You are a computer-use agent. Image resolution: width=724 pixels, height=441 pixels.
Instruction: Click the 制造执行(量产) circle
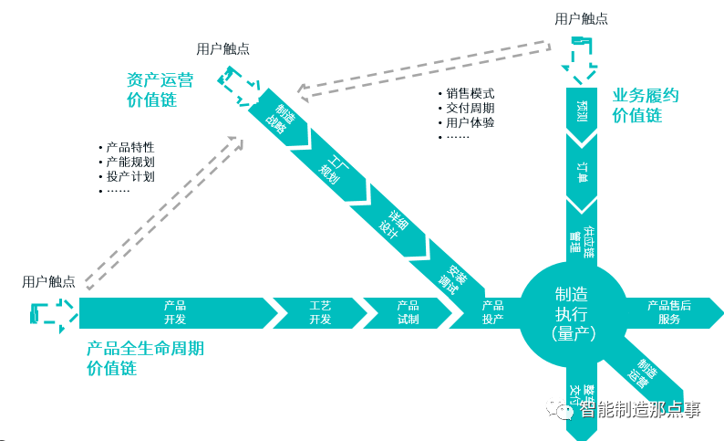tap(574, 313)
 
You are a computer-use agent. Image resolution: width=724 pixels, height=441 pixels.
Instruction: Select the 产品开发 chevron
tap(174, 312)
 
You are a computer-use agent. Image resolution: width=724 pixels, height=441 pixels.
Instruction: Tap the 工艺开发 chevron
tap(319, 312)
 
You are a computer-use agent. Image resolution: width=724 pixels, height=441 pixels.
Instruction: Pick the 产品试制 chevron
tap(408, 312)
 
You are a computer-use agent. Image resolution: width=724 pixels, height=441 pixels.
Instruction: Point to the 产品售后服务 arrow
tap(670, 312)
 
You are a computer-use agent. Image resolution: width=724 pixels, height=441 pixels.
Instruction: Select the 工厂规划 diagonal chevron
tap(331, 165)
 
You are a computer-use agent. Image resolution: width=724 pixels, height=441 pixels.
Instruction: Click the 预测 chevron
tap(582, 112)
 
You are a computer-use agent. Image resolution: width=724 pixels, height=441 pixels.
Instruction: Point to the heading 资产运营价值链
tap(160, 89)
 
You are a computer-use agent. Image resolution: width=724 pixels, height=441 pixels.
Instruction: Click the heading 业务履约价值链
tap(646, 105)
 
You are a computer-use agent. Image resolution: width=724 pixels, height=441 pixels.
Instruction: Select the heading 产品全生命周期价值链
tap(145, 358)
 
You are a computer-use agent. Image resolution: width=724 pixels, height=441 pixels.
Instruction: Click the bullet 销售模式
tap(471, 93)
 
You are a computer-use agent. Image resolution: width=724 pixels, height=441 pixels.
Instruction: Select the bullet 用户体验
tap(471, 122)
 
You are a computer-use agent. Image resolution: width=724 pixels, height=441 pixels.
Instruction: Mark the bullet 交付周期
tap(471, 108)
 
